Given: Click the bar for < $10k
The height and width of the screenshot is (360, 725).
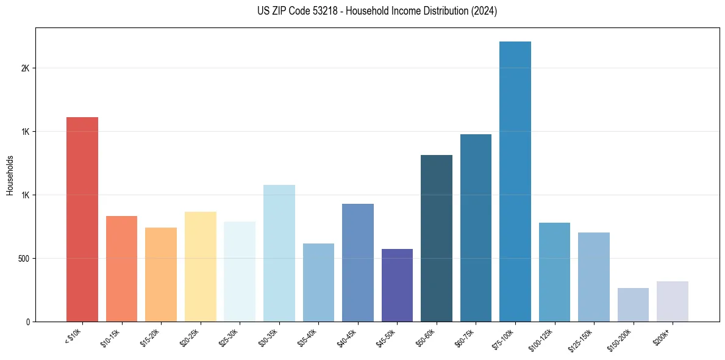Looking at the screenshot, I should coord(82,219).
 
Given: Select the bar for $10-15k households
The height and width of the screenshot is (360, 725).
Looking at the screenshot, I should coord(121,268).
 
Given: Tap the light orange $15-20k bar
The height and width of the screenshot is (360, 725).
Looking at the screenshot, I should coord(161,275).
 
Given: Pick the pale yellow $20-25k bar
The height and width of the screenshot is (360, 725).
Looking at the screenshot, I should coord(200,267).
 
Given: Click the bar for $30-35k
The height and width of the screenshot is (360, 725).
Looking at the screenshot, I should coord(279,253).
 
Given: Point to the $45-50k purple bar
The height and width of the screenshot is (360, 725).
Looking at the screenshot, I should coord(397,285).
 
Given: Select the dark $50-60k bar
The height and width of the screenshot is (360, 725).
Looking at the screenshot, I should coord(437,238).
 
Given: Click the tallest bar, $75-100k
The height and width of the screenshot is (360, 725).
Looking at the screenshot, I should coord(515,181).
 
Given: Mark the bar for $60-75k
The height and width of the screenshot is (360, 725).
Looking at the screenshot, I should coord(476,228).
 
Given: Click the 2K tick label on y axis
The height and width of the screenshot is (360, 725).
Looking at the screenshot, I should coord(25,68).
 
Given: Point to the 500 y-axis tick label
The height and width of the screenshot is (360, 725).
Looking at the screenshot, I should coord(23,259).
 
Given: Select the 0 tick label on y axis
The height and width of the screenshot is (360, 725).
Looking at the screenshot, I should coord(27,322).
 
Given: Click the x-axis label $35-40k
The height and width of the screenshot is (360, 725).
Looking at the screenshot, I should coord(310,337).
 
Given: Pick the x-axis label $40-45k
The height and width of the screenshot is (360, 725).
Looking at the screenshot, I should coord(350,337).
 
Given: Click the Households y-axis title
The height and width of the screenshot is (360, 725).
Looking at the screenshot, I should coord(10,175).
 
